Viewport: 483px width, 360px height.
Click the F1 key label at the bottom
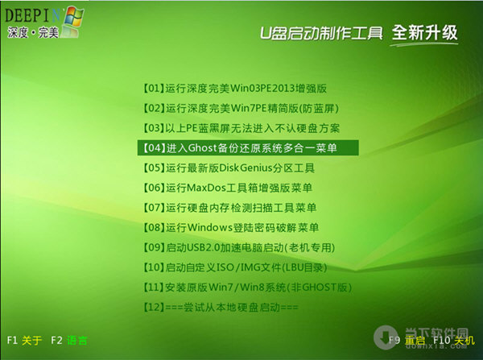click(11, 341)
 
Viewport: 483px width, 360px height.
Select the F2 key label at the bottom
click(56, 341)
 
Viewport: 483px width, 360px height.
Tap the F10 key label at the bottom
click(440, 341)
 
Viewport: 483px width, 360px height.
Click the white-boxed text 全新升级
click(424, 33)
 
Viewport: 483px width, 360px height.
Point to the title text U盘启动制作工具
click(321, 34)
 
